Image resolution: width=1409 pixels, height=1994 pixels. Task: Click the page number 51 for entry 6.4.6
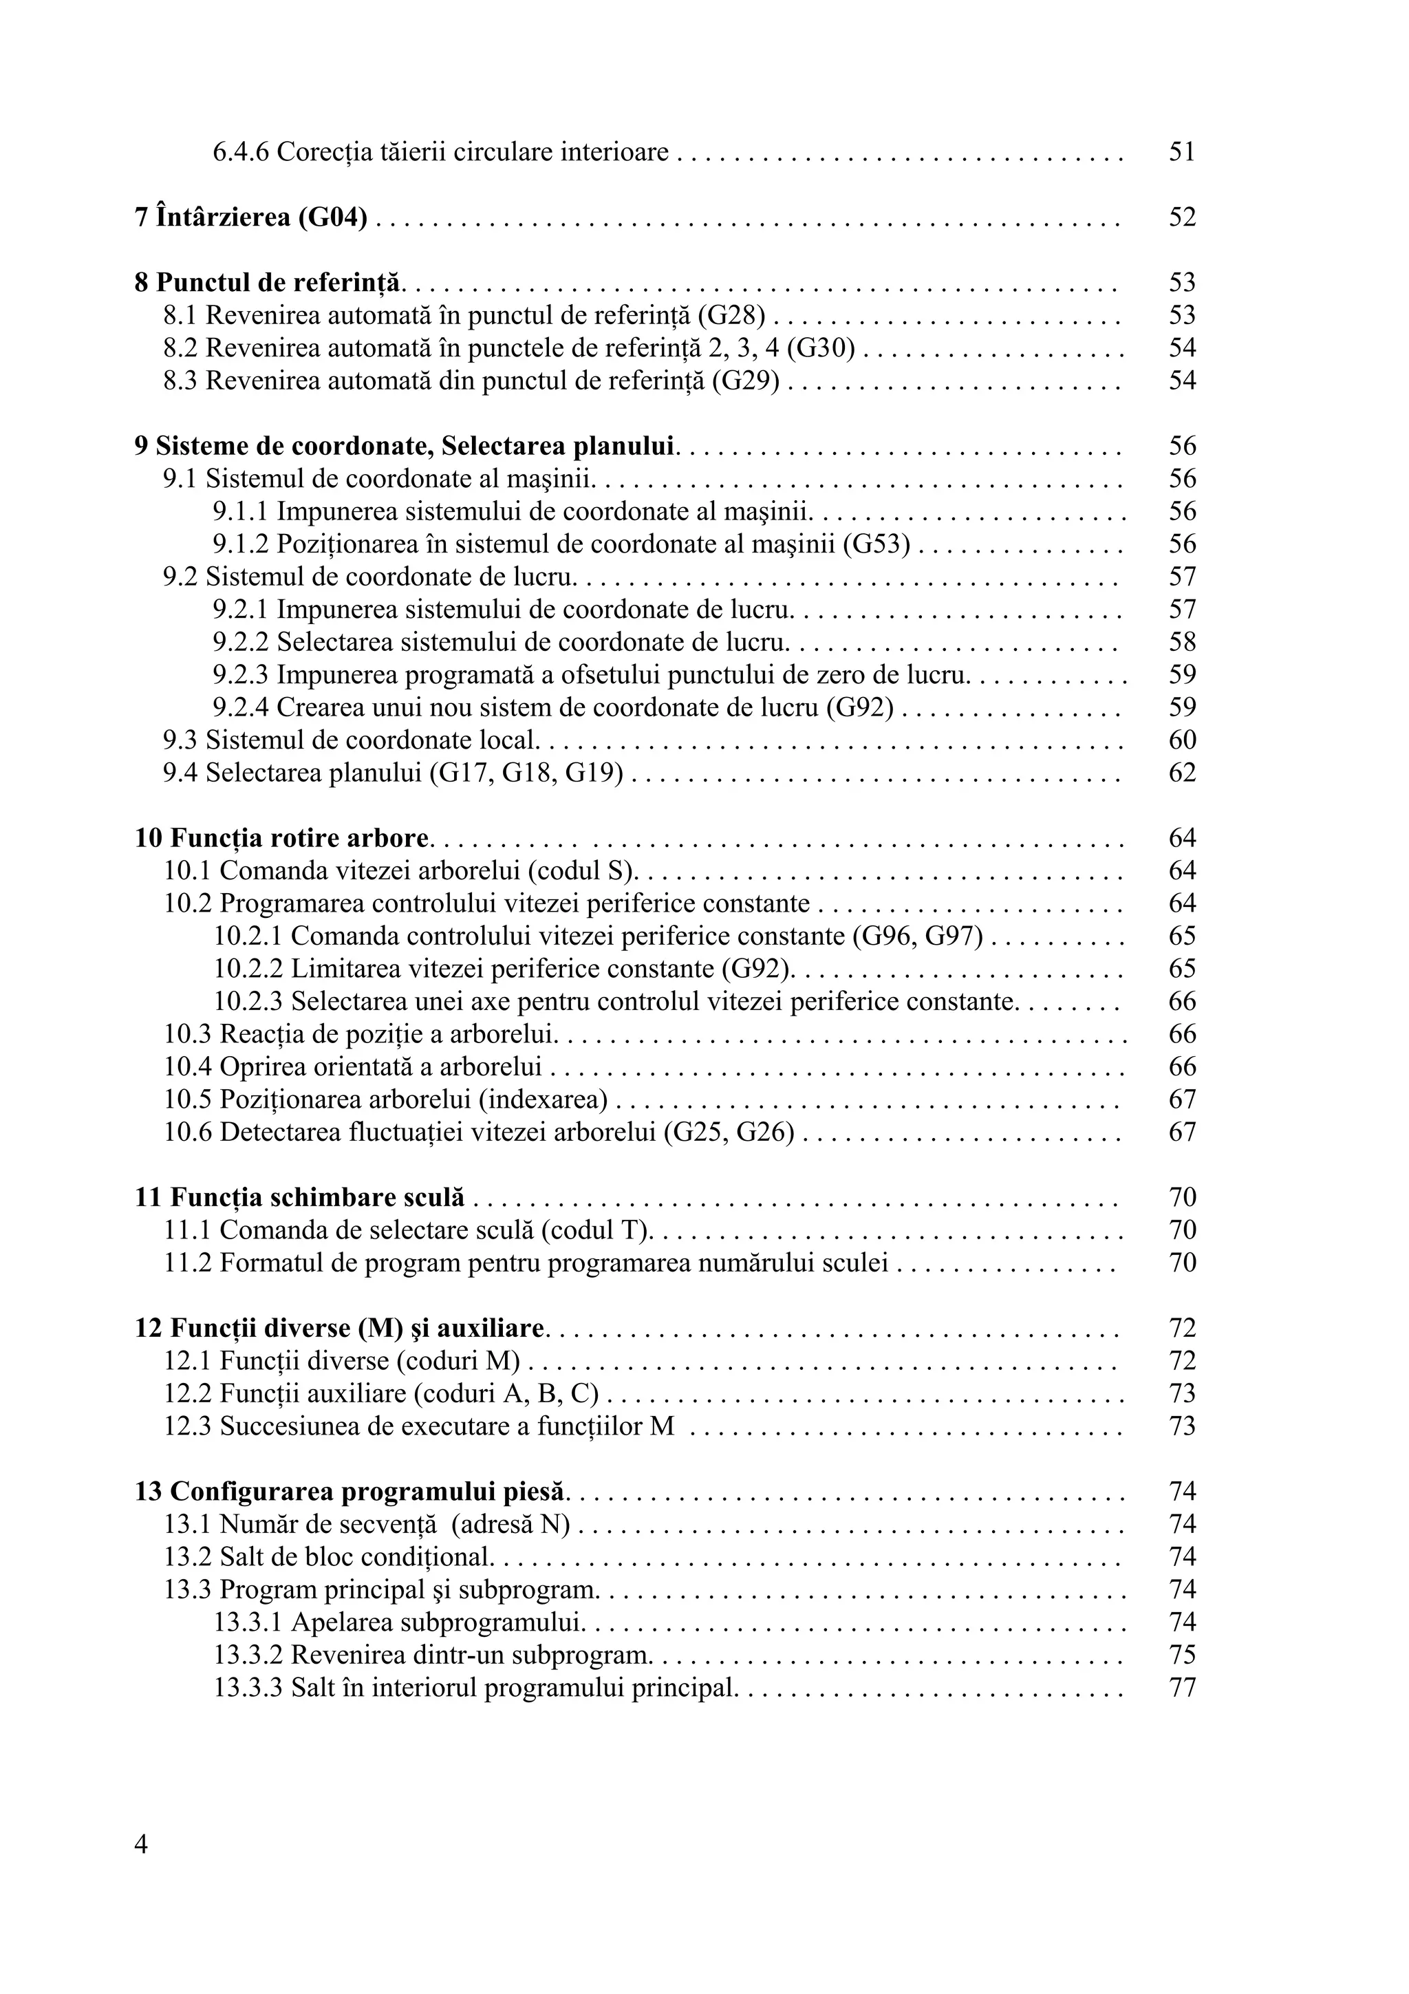point(1181,153)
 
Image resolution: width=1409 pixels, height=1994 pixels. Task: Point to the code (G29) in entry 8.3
point(746,381)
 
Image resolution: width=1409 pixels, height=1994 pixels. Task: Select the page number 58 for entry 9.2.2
point(1181,643)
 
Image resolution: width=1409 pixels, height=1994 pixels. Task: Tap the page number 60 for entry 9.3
point(1181,741)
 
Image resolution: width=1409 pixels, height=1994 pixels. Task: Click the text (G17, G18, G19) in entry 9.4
point(527,773)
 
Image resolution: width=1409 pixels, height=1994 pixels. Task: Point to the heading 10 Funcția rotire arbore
point(282,839)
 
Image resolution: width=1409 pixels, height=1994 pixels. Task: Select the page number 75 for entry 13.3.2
point(1181,1655)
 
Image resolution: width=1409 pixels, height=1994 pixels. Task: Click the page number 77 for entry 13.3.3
point(1181,1689)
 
